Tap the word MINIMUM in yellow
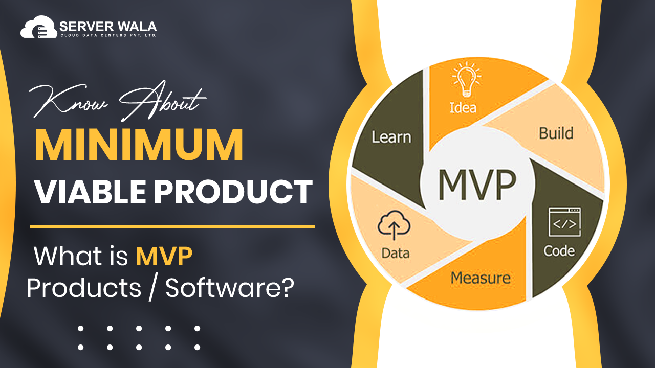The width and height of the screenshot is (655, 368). coord(139,147)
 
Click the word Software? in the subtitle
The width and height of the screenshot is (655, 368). coord(230,288)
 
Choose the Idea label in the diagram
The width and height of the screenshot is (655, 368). coord(463,107)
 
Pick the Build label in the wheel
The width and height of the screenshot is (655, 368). coord(556,133)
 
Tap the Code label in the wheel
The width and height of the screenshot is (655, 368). coord(559,251)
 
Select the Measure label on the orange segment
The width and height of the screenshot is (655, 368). coord(480,279)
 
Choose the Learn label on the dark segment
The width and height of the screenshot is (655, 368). coord(391,137)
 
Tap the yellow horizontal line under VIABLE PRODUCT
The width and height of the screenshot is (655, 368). coord(172,226)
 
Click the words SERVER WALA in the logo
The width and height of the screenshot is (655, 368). coord(107,26)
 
